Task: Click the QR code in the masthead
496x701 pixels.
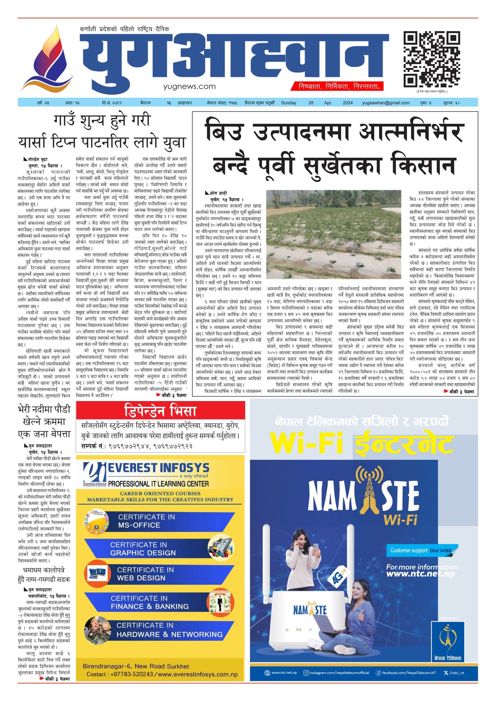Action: click(431, 59)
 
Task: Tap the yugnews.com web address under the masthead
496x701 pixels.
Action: click(189, 86)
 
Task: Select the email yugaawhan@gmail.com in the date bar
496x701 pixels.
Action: click(385, 103)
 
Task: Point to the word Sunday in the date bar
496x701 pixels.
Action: click(288, 103)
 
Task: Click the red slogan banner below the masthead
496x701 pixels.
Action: click(337, 86)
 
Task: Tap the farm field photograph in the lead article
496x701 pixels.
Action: click(334, 234)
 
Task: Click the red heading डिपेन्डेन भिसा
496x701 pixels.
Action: click(160, 411)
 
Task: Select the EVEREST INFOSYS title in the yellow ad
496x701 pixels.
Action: click(158, 468)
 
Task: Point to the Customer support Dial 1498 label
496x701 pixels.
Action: click(421, 550)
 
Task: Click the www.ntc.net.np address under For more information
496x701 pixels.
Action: click(420, 574)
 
